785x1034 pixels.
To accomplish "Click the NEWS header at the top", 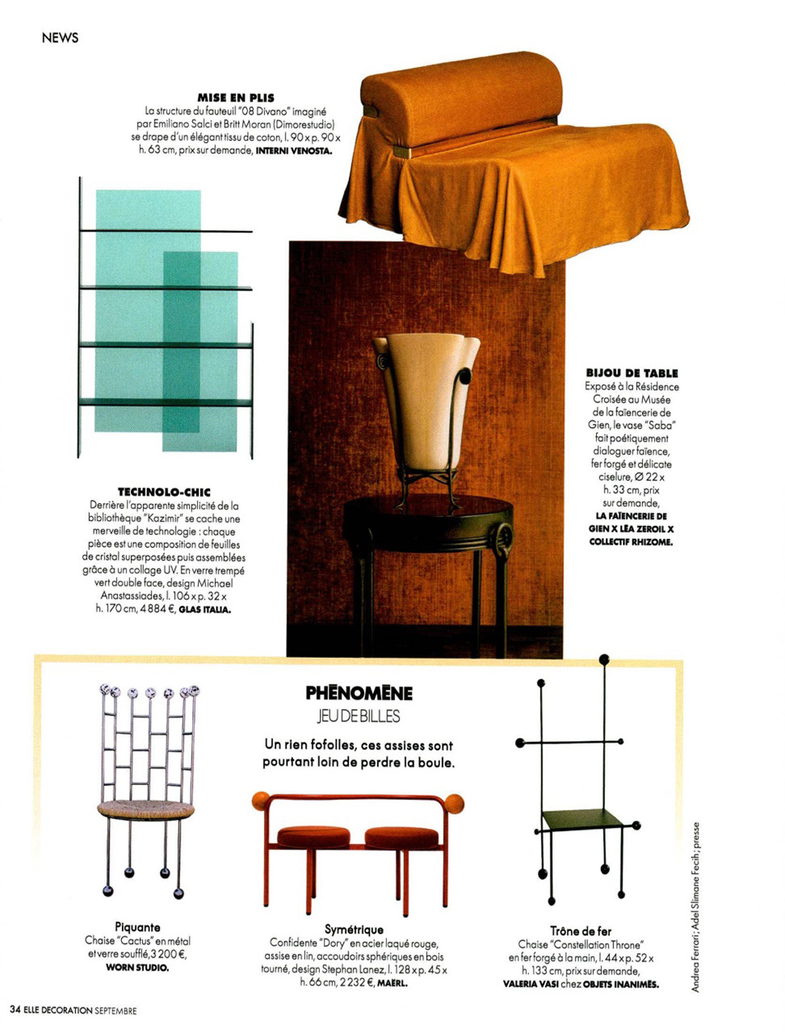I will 60,37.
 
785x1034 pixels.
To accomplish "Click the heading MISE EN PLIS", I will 236,98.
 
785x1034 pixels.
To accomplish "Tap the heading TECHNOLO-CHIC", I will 164,492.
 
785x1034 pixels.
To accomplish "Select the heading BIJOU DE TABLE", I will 631,373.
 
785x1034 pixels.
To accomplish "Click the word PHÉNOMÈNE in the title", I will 359,694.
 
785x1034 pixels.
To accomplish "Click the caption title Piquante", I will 137,928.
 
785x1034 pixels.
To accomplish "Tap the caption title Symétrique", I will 354,930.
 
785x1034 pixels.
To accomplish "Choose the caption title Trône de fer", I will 581,931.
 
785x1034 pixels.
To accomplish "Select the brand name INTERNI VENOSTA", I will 294,152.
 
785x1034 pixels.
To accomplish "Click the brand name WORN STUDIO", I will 137,968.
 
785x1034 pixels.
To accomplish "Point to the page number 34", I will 16,1010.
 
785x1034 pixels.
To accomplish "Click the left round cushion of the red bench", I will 315,837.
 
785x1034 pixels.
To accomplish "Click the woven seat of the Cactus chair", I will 146,810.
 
